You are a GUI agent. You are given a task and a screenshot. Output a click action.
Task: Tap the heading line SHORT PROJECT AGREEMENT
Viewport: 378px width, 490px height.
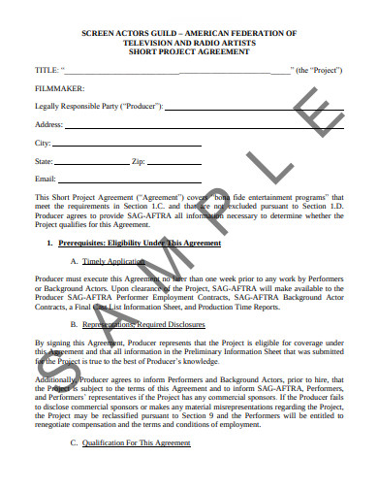pyautogui.click(x=190, y=54)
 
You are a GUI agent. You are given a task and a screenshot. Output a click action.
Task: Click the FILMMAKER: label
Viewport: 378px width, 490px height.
pyautogui.click(x=59, y=88)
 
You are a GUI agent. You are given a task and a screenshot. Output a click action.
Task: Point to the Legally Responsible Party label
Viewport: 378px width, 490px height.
pyautogui.click(x=98, y=106)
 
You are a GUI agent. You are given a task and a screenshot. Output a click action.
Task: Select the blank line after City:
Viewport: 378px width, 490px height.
pyautogui.click(x=126, y=144)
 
